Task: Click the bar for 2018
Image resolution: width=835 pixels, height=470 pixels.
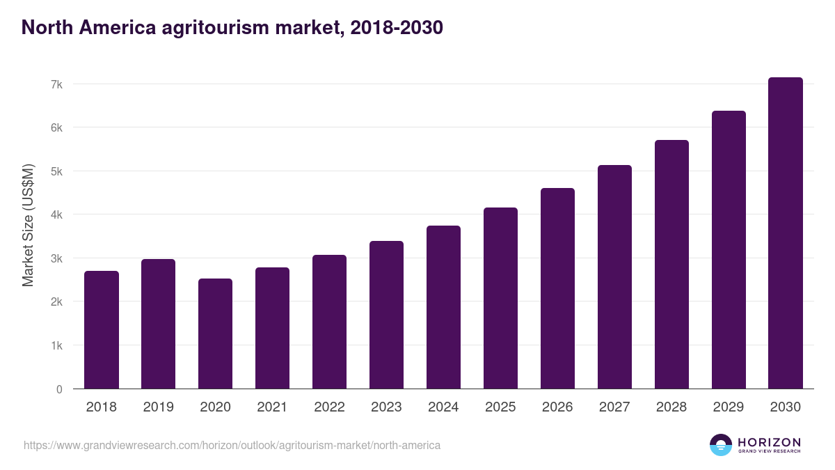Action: (102, 330)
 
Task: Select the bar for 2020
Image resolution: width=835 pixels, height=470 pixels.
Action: (216, 334)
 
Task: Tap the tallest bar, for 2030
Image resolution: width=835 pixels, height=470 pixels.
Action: (786, 233)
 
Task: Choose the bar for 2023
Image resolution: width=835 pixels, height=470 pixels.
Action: (387, 315)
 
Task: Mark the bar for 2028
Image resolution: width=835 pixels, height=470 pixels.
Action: (671, 265)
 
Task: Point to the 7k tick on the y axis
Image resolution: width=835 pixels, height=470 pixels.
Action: (56, 84)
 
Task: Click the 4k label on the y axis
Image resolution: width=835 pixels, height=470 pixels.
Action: (56, 215)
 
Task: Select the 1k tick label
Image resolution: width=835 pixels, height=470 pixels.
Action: (56, 345)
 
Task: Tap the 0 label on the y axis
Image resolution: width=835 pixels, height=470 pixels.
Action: (59, 389)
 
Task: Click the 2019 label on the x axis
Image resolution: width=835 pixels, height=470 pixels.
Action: (159, 407)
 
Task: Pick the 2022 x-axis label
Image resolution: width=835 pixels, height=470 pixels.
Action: (329, 407)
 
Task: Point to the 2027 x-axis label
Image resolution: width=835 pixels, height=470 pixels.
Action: (614, 407)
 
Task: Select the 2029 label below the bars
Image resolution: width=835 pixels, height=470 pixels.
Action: (729, 407)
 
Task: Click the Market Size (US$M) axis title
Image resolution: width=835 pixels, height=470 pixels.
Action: (29, 225)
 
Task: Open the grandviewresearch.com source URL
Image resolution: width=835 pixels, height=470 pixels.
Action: (232, 445)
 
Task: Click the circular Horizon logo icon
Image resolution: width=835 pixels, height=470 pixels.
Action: (721, 445)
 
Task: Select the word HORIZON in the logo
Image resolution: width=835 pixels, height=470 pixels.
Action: (769, 442)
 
